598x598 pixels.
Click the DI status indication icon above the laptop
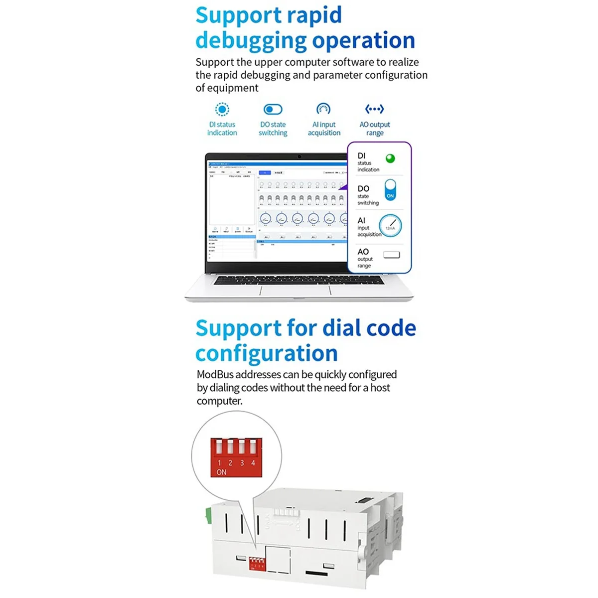pyautogui.click(x=222, y=109)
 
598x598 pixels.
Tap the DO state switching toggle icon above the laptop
pyautogui.click(x=273, y=109)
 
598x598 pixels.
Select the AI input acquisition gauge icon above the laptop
pyautogui.click(x=323, y=109)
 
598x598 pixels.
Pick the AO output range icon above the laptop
pyautogui.click(x=374, y=109)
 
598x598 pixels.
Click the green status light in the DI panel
pyautogui.click(x=390, y=158)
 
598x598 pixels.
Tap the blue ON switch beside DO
pyautogui.click(x=390, y=190)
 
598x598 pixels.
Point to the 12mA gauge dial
pyautogui.click(x=390, y=225)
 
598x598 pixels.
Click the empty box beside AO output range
pyautogui.click(x=392, y=255)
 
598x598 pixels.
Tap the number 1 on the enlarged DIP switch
pyautogui.click(x=219, y=463)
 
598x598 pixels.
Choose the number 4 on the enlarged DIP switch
pyautogui.click(x=253, y=463)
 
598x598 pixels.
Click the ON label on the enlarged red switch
pyautogui.click(x=221, y=472)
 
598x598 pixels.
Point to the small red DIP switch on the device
pyautogui.click(x=257, y=564)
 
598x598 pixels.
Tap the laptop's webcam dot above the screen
pyautogui.click(x=299, y=156)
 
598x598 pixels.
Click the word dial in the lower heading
pyautogui.click(x=342, y=328)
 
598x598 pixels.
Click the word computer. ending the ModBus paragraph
pyautogui.click(x=219, y=401)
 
